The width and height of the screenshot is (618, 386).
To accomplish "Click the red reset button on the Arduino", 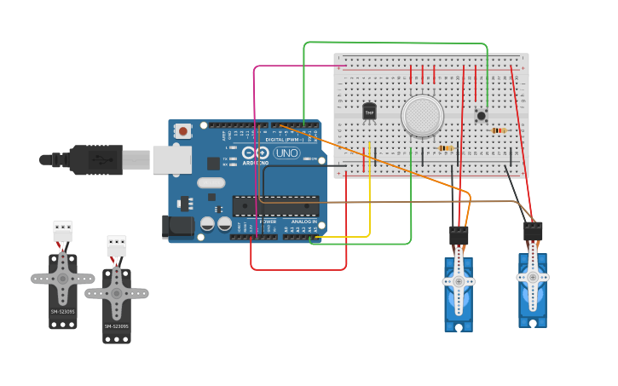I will coord(182,131).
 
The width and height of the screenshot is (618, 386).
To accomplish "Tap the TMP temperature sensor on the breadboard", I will coord(369,111).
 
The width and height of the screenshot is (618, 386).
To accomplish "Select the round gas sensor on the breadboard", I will coord(422,116).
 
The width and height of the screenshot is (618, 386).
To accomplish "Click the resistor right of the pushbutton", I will coord(499,130).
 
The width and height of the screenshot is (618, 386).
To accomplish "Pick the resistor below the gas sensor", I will coord(445,148).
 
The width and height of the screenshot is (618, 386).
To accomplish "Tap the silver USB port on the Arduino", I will coord(171,159).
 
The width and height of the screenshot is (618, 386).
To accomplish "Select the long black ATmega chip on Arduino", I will coord(275,205).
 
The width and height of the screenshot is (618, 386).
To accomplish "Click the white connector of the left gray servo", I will coord(62,230).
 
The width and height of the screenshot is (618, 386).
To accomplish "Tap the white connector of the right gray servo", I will coord(117,245).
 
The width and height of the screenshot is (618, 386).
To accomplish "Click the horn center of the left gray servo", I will coord(62,278).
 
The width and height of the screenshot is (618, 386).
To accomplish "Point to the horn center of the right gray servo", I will coord(116,293).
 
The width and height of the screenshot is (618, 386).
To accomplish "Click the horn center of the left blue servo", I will coord(459,281).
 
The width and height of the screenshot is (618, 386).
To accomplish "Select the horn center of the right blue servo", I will coord(533,277).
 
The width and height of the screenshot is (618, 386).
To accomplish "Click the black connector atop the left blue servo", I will coord(459,235).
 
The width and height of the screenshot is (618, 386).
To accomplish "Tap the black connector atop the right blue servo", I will coord(533,231).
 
